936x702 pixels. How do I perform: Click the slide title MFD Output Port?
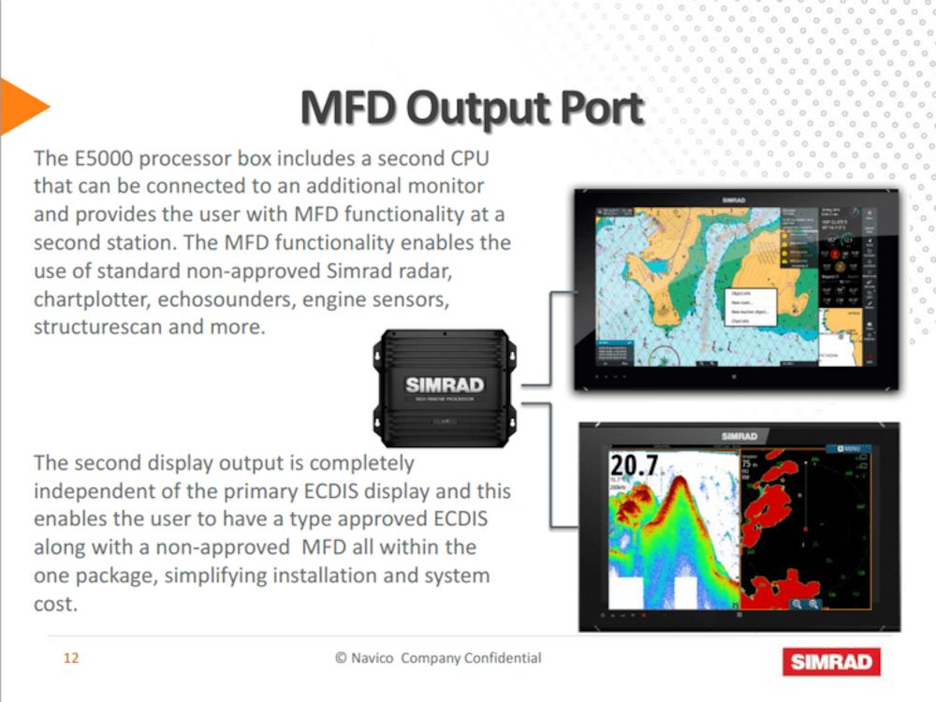[472, 109]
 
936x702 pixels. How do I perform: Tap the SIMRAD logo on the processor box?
[445, 385]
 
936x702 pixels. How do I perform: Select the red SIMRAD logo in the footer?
[831, 662]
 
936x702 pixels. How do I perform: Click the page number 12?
[71, 658]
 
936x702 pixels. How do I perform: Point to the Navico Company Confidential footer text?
[438, 658]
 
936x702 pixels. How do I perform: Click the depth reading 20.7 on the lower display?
[634, 465]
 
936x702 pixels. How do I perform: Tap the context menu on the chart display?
[750, 307]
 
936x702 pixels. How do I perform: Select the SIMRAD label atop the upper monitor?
[735, 199]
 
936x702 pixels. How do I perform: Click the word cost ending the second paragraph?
[53, 605]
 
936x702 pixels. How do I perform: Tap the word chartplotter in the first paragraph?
[90, 300]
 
